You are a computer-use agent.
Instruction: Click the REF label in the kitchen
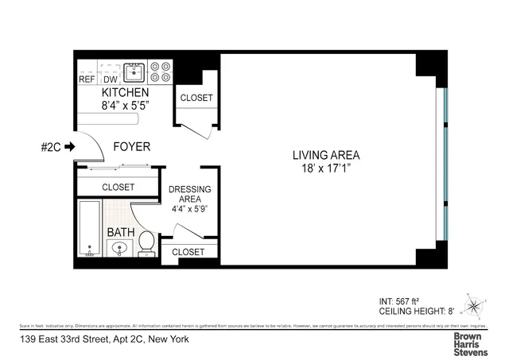87,79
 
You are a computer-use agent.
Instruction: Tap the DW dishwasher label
111,79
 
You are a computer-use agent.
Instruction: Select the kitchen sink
135,73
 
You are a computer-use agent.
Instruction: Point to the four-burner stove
161,72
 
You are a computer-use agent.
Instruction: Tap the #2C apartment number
50,146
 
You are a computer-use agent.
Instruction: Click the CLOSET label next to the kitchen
196,98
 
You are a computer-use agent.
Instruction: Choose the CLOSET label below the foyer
118,187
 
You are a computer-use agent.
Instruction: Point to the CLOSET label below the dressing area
188,252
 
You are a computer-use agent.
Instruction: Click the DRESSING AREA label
190,194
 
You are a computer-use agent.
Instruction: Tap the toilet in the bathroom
146,242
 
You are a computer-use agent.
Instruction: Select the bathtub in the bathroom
89,228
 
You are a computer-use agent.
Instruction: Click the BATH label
121,233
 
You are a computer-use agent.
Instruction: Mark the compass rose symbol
476,306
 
